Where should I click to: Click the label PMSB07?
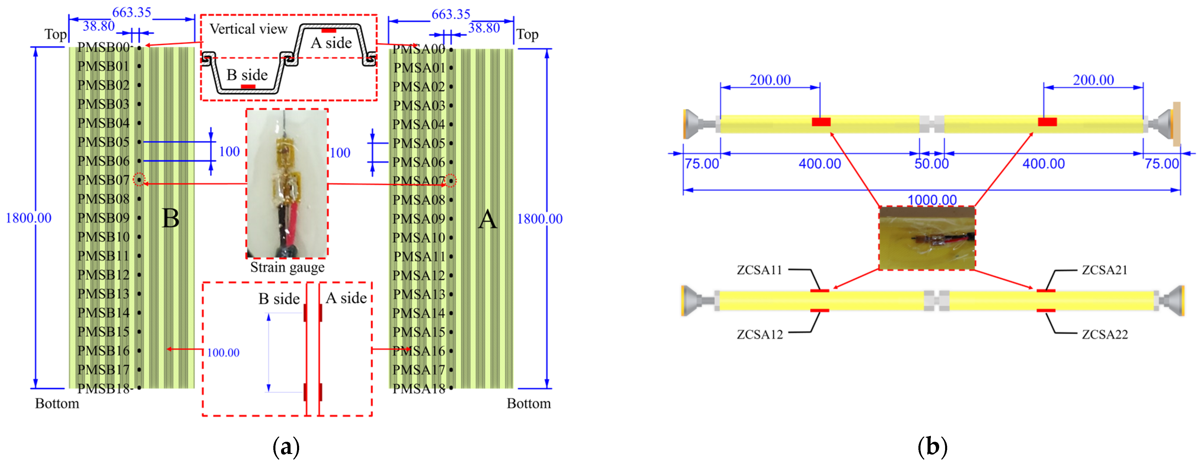pos(103,180)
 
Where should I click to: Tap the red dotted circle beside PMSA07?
pos(451,181)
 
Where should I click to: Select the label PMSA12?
pos(418,275)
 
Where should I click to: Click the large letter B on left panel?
pos(170,218)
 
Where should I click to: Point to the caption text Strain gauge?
pos(287,267)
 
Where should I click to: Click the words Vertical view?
pos(248,29)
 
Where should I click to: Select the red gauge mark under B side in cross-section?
pos(248,86)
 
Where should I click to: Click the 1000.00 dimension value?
pos(932,200)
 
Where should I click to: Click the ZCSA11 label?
pos(759,270)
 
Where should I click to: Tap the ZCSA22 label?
pos(1105,334)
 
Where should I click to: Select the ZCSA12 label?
pos(759,334)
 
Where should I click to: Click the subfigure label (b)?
pos(932,447)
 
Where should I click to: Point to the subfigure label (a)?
pos(286,447)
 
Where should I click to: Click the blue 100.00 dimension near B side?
pos(223,353)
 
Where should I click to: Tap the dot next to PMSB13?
pos(139,294)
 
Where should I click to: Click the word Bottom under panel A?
pos(529,404)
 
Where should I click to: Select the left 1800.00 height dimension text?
pos(28,218)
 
